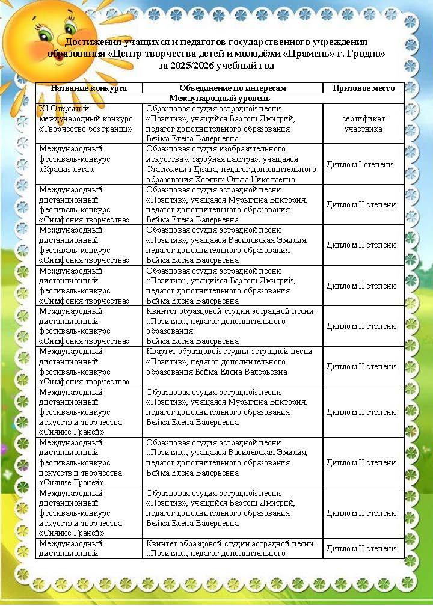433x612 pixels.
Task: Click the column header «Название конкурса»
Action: tap(88, 88)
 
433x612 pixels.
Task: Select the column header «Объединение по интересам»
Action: tap(232, 88)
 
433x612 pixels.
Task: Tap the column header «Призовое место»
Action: tap(363, 88)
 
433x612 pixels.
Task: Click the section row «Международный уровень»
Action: tap(220, 98)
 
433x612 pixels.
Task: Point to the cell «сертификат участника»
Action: tap(363, 123)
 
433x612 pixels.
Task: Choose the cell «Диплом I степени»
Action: tap(360, 164)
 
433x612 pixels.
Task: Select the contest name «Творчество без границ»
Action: tap(85, 128)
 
